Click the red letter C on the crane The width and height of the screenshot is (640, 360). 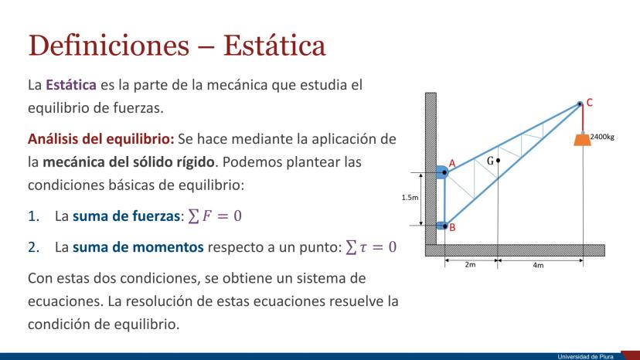click(x=590, y=103)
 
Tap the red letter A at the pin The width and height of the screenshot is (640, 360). click(x=452, y=163)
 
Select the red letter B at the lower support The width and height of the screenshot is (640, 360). click(x=452, y=227)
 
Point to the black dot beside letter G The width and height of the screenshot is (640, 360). click(x=498, y=161)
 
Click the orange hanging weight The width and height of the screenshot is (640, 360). click(x=583, y=139)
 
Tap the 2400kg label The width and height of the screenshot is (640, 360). click(x=602, y=137)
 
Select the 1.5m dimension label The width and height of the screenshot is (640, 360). click(x=410, y=198)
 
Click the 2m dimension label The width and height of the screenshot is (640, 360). click(x=470, y=264)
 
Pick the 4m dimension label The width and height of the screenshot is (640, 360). click(x=538, y=265)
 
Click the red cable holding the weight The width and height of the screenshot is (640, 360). click(x=583, y=119)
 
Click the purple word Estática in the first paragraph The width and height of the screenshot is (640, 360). click(x=71, y=85)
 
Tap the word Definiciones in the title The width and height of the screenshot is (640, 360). click(x=108, y=46)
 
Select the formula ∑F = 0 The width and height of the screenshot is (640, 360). click(x=215, y=216)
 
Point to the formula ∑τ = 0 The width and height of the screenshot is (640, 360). click(x=371, y=247)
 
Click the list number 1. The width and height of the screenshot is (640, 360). click(x=33, y=216)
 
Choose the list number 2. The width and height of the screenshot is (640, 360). click(x=33, y=247)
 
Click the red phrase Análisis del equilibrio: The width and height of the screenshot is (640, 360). click(x=100, y=139)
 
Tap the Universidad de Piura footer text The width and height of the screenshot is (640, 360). click(x=585, y=357)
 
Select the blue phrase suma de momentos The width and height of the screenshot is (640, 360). click(x=138, y=247)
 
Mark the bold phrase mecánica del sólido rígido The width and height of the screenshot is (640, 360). click(x=128, y=162)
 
